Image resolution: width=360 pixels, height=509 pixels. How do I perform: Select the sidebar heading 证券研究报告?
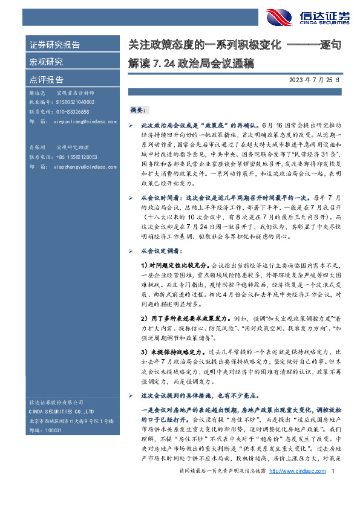55,45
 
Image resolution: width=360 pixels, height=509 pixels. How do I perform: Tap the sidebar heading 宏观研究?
47,62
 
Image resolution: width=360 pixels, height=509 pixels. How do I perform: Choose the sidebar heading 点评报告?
47,79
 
